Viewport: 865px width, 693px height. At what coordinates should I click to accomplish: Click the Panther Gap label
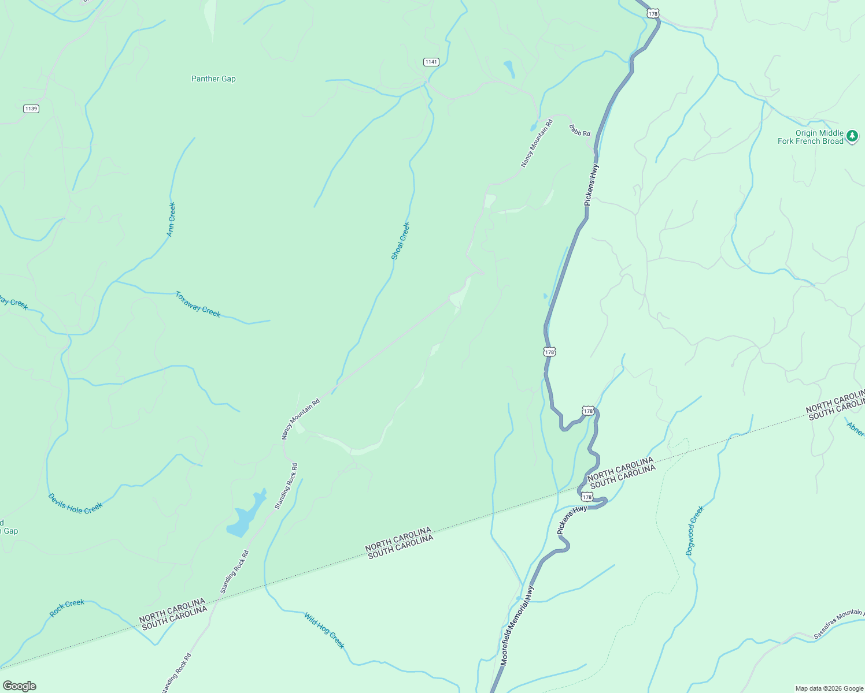213,79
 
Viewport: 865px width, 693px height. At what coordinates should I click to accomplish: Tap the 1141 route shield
431,62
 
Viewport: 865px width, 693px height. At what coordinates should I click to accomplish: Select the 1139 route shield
31,109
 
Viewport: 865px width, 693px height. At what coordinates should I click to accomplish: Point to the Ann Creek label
171,219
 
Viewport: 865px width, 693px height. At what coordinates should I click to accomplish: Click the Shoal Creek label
400,241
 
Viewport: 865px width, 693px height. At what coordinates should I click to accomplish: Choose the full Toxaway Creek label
198,304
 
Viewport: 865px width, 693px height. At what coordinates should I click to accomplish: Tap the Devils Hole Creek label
75,504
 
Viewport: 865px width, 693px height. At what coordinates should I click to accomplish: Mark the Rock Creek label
67,608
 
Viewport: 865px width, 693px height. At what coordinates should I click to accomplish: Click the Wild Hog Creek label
324,631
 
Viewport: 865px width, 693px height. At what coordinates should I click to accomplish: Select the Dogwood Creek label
695,531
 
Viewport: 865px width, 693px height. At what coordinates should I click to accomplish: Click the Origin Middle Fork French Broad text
811,137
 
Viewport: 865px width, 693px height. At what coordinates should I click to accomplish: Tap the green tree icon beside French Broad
852,136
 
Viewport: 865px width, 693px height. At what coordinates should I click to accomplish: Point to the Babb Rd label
579,130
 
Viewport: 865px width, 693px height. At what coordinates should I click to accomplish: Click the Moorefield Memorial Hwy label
517,627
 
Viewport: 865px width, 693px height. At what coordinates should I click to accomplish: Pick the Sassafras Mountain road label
838,624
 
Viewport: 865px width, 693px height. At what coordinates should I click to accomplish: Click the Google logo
19,686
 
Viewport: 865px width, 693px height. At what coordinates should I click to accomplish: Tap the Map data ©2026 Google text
829,688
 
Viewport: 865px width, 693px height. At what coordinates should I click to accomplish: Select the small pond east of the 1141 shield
509,69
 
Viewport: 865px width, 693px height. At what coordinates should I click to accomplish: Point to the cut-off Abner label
855,430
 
